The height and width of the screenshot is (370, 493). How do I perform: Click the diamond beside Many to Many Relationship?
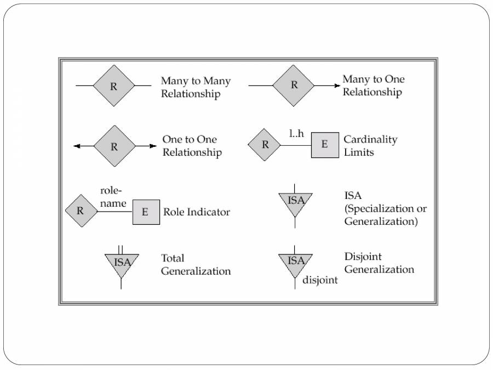113,86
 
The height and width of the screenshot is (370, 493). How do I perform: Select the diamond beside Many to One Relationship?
294,86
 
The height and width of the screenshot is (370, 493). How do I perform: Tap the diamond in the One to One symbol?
114,146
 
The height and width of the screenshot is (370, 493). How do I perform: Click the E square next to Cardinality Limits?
324,145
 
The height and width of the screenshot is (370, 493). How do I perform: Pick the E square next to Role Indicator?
145,212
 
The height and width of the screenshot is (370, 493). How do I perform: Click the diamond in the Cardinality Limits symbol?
265,145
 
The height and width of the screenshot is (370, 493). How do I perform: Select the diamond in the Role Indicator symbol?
81,211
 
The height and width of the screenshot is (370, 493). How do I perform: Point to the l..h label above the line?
296,133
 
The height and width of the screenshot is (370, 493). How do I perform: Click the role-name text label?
113,197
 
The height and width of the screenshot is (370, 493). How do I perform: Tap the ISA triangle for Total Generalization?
122,263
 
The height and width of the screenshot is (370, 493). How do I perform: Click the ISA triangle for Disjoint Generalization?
295,261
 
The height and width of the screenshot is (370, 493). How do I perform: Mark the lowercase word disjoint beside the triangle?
320,280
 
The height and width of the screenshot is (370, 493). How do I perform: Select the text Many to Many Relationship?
196,87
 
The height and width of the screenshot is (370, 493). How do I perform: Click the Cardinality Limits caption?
370,146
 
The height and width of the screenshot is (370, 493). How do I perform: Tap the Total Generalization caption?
196,264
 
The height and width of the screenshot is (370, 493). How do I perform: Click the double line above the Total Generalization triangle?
121,249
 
